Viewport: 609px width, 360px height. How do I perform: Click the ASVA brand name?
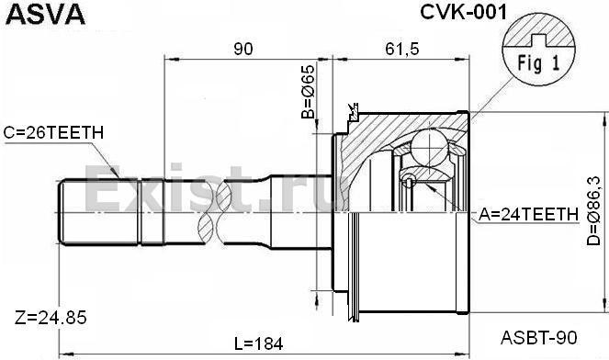45,14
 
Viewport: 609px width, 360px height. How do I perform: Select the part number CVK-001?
463,12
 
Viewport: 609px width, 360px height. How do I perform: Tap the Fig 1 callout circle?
538,49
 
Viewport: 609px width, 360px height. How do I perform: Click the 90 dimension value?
243,50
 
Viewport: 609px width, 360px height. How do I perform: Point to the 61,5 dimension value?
402,50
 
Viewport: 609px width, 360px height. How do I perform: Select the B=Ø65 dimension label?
308,91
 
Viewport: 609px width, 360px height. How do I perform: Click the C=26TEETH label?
53,133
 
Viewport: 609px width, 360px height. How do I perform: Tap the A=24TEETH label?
528,214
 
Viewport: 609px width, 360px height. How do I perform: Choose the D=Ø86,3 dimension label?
593,210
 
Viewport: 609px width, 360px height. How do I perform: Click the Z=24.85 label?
51,318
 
